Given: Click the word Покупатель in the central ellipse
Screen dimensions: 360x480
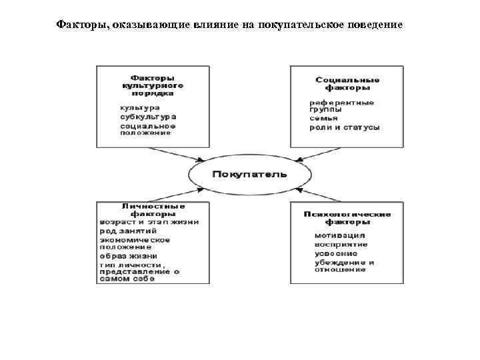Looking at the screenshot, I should tap(249, 175).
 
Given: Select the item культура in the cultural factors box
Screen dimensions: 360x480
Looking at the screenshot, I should tap(139, 107).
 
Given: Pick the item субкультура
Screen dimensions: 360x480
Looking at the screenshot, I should tap(148, 117).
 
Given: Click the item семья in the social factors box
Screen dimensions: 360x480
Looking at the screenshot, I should tap(323, 118).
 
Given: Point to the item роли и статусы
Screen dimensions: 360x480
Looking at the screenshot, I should tap(345, 127).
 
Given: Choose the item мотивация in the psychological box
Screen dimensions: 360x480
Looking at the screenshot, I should tap(339, 235).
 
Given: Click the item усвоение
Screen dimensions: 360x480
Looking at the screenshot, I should tap(336, 253).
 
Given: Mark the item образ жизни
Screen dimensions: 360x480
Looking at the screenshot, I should tap(128, 255).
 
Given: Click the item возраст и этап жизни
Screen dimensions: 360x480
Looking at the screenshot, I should tap(149, 222).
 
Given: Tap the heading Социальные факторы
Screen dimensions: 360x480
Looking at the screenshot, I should tap(347, 83).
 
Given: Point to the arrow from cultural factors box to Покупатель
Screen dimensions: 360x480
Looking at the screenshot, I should tap(177, 154).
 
